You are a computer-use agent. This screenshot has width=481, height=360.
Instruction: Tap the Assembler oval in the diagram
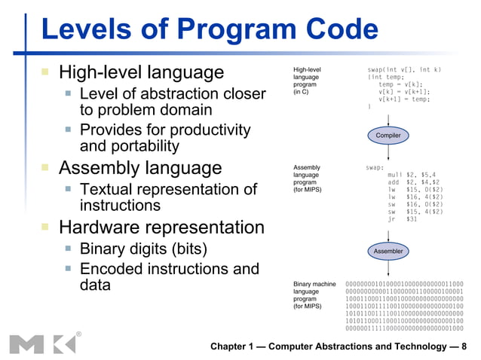[388, 250]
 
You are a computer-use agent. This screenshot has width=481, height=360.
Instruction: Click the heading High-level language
[142, 72]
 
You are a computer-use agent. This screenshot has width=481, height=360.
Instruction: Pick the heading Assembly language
[140, 167]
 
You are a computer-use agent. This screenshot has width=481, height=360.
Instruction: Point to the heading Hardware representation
[161, 227]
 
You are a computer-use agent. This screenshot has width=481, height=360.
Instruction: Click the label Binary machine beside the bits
[314, 284]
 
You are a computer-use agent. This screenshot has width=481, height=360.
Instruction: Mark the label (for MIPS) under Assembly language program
[308, 190]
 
